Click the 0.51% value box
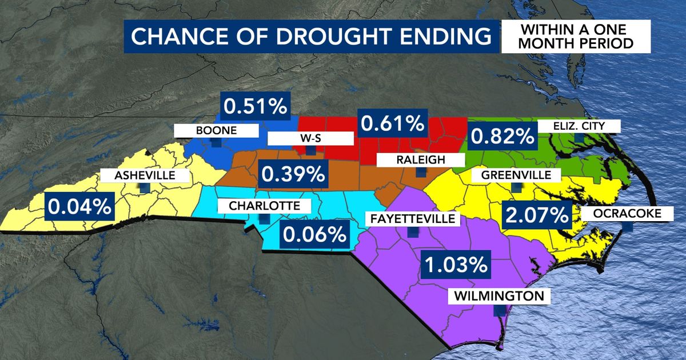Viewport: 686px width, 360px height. click(256, 106)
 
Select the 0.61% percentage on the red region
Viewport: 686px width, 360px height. click(391, 122)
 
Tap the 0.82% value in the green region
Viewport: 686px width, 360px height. click(502, 136)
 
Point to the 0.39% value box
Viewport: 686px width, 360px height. click(292, 173)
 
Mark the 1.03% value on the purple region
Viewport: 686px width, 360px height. click(455, 265)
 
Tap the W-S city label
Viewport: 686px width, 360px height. click(310, 138)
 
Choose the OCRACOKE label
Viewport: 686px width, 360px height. click(628, 213)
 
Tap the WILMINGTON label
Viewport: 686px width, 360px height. click(498, 296)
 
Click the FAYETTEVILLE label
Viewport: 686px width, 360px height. click(412, 218)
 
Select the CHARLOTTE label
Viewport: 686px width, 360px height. click(263, 205)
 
